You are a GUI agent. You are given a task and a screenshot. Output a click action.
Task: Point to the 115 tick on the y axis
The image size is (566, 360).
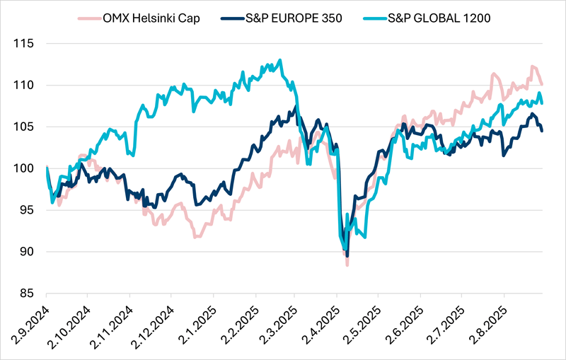24,43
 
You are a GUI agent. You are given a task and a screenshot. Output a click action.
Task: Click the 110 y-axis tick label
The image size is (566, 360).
24,85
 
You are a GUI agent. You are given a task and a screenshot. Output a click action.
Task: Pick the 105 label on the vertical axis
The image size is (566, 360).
24,127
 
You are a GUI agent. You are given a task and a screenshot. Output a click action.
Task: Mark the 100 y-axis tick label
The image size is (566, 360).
24,168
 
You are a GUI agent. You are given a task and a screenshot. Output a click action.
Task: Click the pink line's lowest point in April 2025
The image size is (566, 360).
347,265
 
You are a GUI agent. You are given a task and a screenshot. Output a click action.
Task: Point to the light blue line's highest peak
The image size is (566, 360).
280,60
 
